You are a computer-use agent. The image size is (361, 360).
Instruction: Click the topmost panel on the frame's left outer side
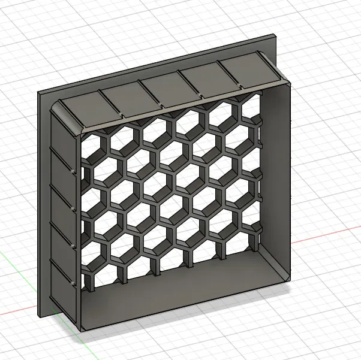[61, 129]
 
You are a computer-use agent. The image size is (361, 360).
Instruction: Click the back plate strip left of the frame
[44, 204]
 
